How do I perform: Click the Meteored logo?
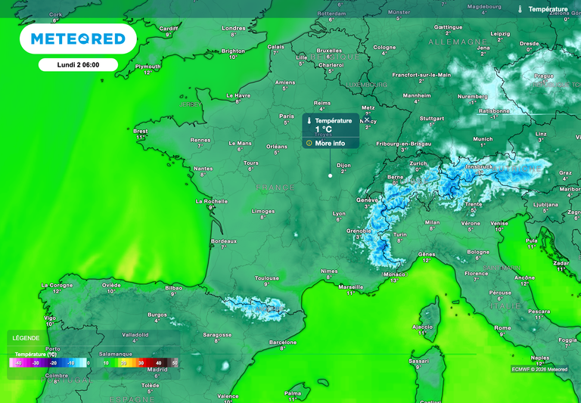pyautogui.click(x=77, y=39)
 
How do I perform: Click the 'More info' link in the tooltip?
pyautogui.click(x=330, y=143)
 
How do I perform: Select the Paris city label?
pyautogui.click(x=287, y=116)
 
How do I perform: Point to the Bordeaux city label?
pyautogui.click(x=224, y=241)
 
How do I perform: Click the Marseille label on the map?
pyautogui.click(x=351, y=287)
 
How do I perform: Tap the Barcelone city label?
pyautogui.click(x=283, y=342)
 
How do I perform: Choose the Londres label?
pyautogui.click(x=234, y=29)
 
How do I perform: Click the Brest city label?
pyautogui.click(x=141, y=131)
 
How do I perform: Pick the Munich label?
pyautogui.click(x=483, y=139)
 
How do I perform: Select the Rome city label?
pyautogui.click(x=502, y=327)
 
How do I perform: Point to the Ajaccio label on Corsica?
pyautogui.click(x=421, y=327)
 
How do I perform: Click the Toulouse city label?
pyautogui.click(x=266, y=278)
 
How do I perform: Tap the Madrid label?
pyautogui.click(x=157, y=369)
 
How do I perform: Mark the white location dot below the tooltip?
pyautogui.click(x=330, y=175)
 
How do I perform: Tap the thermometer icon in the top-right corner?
pyautogui.click(x=520, y=9)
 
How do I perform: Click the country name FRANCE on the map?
pyautogui.click(x=275, y=187)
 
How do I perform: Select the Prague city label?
pyautogui.click(x=544, y=76)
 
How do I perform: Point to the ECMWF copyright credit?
pyautogui.click(x=539, y=369)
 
